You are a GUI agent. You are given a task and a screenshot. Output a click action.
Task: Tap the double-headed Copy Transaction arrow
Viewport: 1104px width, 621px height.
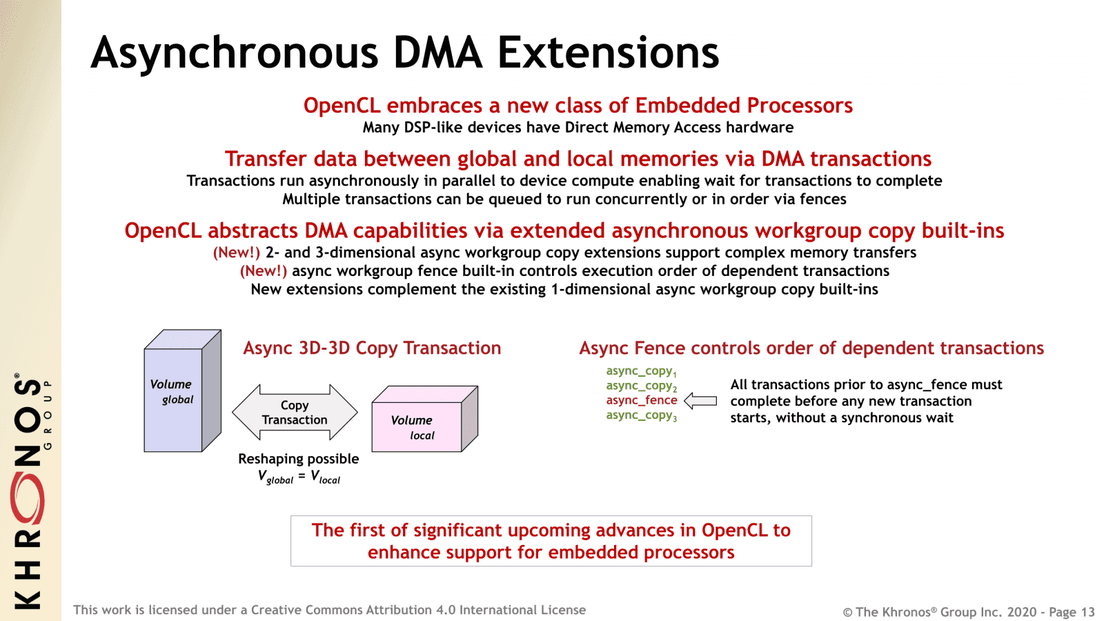coord(295,413)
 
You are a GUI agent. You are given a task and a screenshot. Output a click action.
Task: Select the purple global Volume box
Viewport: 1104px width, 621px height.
coord(173,400)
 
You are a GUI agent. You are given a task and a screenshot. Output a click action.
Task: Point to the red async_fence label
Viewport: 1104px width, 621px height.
coord(642,400)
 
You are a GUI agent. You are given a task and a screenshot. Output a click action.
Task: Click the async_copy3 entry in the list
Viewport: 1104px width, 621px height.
coord(642,415)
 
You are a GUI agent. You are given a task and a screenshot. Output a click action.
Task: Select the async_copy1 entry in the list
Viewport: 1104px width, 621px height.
coord(642,371)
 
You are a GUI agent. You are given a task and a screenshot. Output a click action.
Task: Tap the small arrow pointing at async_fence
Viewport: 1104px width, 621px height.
coord(700,401)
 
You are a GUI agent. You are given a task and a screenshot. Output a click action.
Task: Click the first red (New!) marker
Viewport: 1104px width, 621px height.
coord(237,253)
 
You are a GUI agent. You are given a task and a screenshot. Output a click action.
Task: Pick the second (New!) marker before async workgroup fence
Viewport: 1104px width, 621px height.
coord(264,271)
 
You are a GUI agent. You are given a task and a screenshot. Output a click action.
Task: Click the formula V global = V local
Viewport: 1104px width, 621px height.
coord(299,477)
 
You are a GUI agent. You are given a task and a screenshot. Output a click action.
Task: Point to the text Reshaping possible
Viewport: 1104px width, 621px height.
coord(298,459)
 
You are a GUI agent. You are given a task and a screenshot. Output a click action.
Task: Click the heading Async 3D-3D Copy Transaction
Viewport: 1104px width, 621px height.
coord(372,348)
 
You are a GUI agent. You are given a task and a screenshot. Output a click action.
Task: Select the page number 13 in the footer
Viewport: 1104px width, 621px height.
coord(1087,612)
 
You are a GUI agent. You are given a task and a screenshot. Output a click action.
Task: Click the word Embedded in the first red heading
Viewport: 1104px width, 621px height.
coord(688,106)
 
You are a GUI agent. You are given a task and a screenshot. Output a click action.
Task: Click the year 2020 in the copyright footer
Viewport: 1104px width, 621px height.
coord(1021,612)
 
